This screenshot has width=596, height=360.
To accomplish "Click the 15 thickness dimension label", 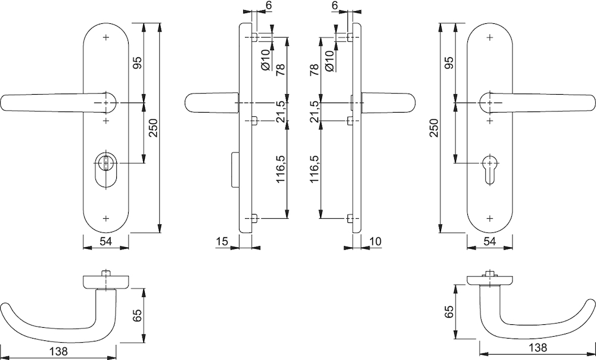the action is pos(222,241).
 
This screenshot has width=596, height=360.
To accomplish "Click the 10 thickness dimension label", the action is pos(375,241).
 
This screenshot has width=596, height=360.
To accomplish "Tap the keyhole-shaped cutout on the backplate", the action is pos(489,169).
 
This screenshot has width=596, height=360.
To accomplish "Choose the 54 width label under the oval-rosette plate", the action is pos(105,241).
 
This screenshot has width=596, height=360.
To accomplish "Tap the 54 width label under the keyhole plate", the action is pos(489,241).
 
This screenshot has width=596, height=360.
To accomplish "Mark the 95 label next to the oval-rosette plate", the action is pos(137,63).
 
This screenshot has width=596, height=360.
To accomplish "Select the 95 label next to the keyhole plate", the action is pos(449,63).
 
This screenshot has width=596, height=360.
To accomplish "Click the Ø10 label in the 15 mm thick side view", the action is pos(265,60).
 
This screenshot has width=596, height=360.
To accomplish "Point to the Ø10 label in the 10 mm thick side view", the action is pos(330,60).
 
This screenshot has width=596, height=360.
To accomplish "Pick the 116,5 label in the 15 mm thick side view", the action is pos(281,169).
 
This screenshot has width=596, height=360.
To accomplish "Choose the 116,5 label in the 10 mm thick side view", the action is pos(314,169).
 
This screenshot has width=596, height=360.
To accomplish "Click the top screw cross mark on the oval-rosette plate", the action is pos(106,38).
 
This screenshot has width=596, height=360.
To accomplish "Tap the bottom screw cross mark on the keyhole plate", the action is pos(489,219).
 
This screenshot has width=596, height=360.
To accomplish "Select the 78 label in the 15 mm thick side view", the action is pos(281,70).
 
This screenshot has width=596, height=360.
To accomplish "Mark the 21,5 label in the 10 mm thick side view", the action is pos(314,112).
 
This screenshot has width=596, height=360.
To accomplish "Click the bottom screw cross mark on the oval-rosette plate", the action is pos(106,219).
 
